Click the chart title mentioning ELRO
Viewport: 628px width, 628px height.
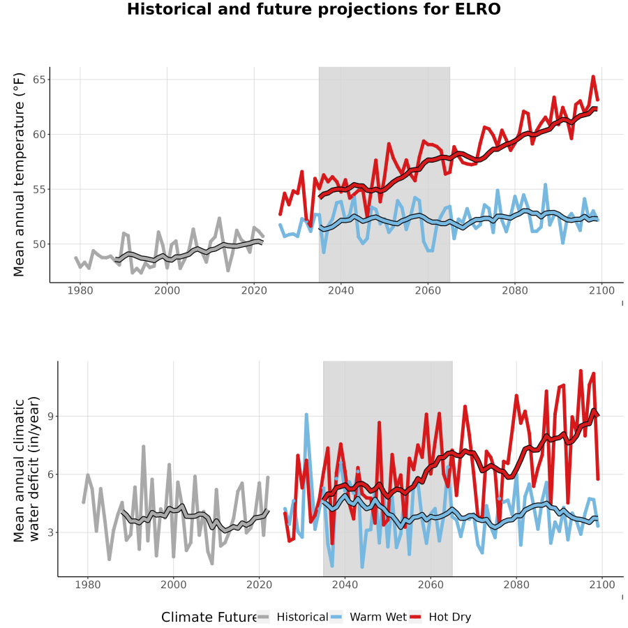(x=313, y=9)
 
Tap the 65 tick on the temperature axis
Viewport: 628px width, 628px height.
(x=39, y=80)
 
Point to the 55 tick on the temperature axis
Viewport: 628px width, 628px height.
(x=39, y=189)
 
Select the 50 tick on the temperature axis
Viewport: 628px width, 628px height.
(x=39, y=244)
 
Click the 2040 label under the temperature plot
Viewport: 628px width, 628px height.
(x=341, y=290)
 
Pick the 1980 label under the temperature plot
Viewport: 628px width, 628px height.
(x=80, y=290)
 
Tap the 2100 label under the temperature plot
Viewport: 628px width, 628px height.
(x=601, y=290)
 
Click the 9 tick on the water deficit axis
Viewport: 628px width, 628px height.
(x=50, y=417)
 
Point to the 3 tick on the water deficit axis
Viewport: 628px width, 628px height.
(x=50, y=532)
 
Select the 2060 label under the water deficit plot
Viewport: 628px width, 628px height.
(x=431, y=585)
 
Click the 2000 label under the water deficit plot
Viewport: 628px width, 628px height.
(x=174, y=585)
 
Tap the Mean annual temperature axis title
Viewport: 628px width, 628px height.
(x=18, y=174)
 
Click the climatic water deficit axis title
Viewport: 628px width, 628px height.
(x=27, y=469)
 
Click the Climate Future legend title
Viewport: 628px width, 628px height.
(x=209, y=617)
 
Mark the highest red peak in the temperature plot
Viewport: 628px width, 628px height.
(x=593, y=76)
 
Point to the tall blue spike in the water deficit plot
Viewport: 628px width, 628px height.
(x=306, y=414)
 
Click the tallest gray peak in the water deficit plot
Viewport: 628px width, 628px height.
(x=143, y=446)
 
